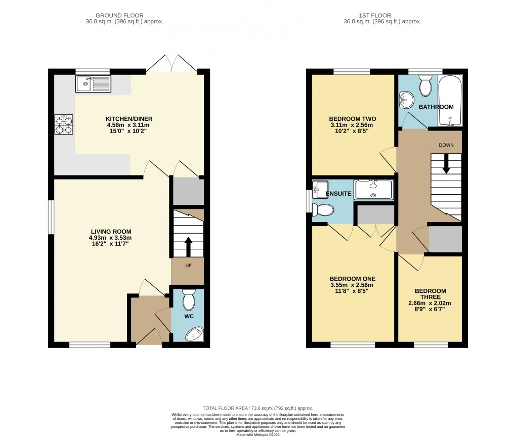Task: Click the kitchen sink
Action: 94,84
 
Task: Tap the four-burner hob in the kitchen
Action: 64,124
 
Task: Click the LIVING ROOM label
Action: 111,232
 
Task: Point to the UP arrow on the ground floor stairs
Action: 188,246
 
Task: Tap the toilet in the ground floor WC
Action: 188,300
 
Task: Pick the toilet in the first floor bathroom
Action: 425,86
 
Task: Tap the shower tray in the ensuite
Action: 373,189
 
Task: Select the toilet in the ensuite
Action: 323,209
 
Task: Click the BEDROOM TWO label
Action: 353,119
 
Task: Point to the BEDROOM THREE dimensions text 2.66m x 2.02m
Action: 430,303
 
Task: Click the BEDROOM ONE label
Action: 353,279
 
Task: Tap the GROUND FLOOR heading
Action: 124,16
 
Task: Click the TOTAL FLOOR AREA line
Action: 257,408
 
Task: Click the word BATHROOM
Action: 436,107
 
